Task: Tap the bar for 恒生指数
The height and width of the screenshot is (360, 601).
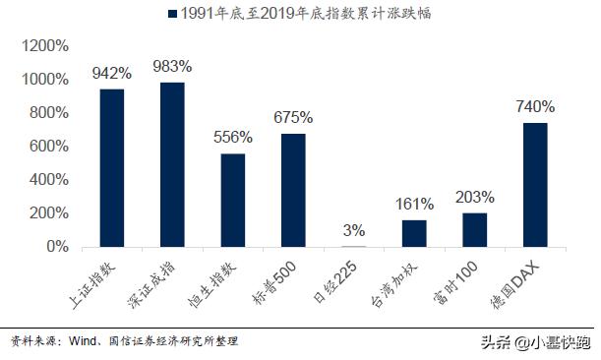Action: (x=234, y=200)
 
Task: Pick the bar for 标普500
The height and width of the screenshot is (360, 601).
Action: (x=294, y=190)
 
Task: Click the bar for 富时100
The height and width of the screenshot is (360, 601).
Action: (x=475, y=229)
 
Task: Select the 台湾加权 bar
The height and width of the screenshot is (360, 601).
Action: (x=415, y=233)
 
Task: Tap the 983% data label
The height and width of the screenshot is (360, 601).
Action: (x=173, y=66)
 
